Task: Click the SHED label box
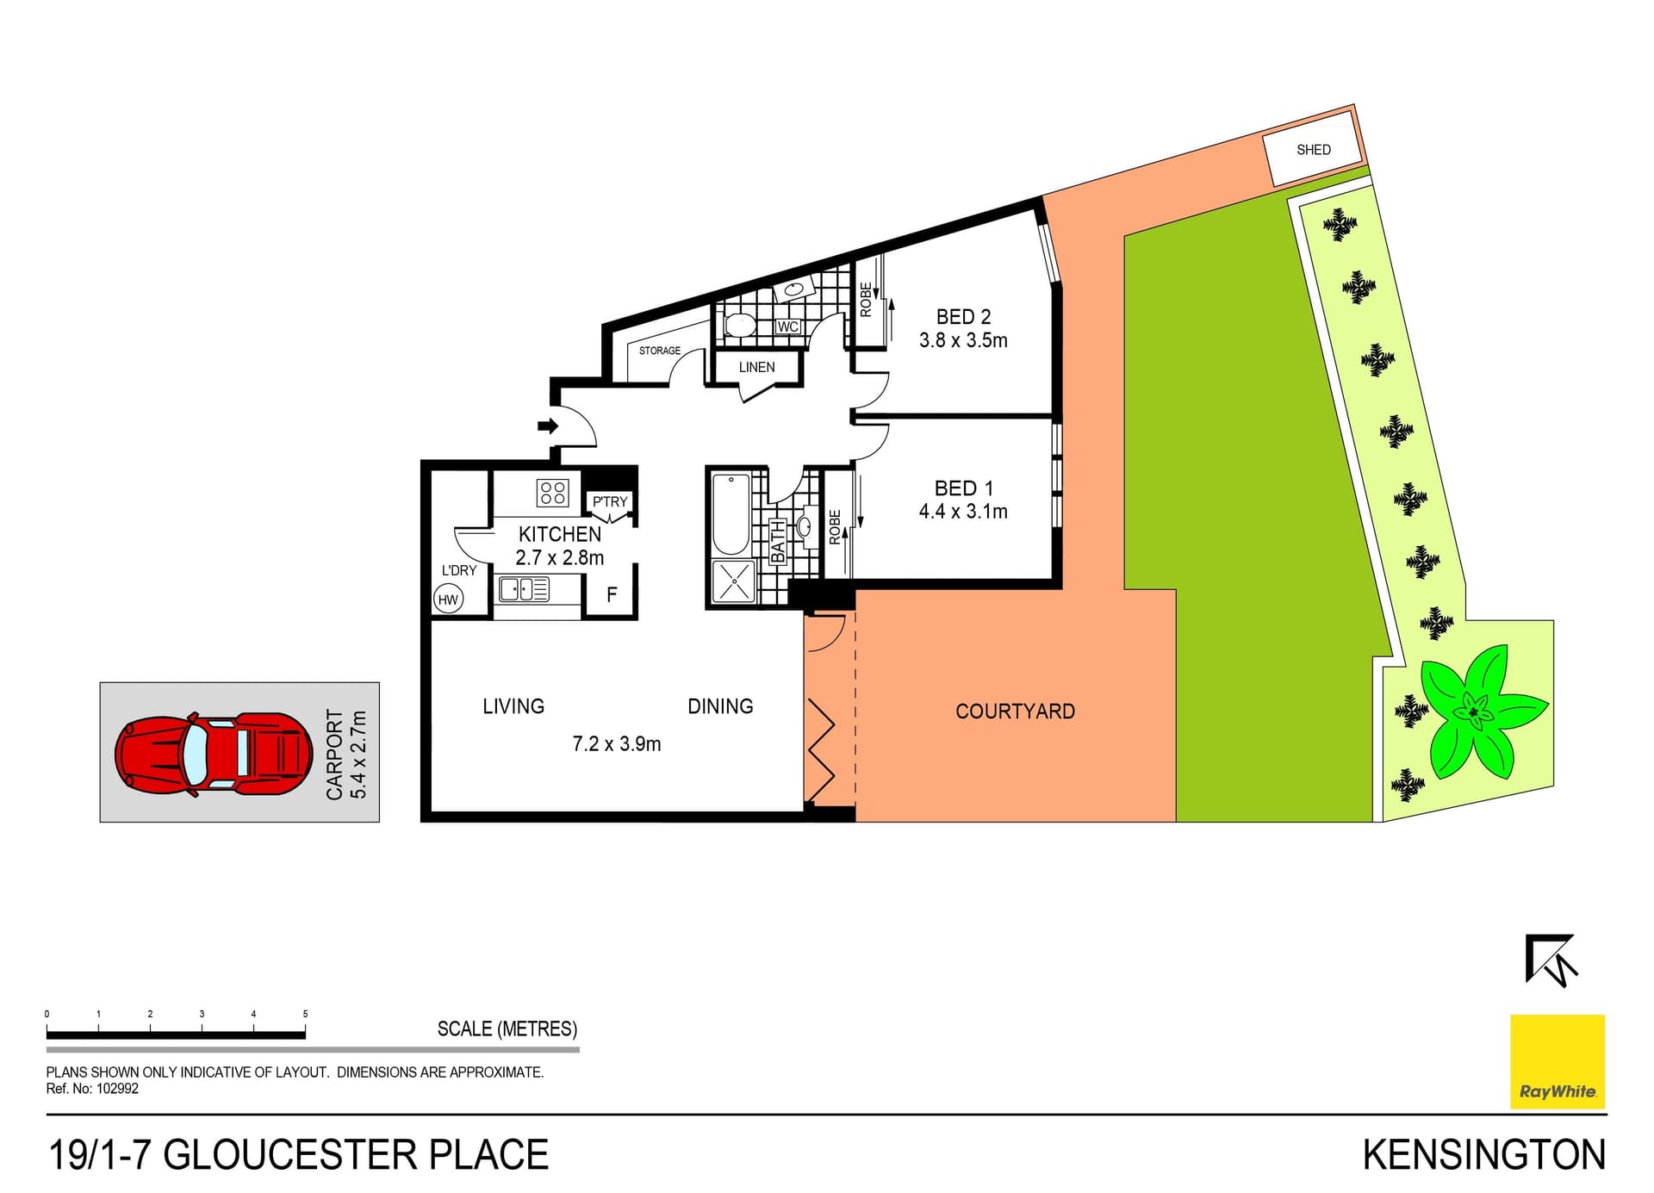[1313, 150]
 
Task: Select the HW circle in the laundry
[448, 600]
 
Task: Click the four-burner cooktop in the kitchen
[552, 493]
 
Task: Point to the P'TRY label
[610, 501]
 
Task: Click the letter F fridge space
[612, 594]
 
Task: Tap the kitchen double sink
[524, 589]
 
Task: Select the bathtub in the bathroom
[731, 514]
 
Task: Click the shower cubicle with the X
[733, 581]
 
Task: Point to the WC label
[787, 327]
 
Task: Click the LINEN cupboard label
[756, 367]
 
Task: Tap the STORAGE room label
[659, 351]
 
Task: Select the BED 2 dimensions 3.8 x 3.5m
[963, 340]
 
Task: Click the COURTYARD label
[1015, 711]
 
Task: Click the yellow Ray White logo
[1558, 1061]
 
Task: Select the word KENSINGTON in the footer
[1483, 1155]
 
